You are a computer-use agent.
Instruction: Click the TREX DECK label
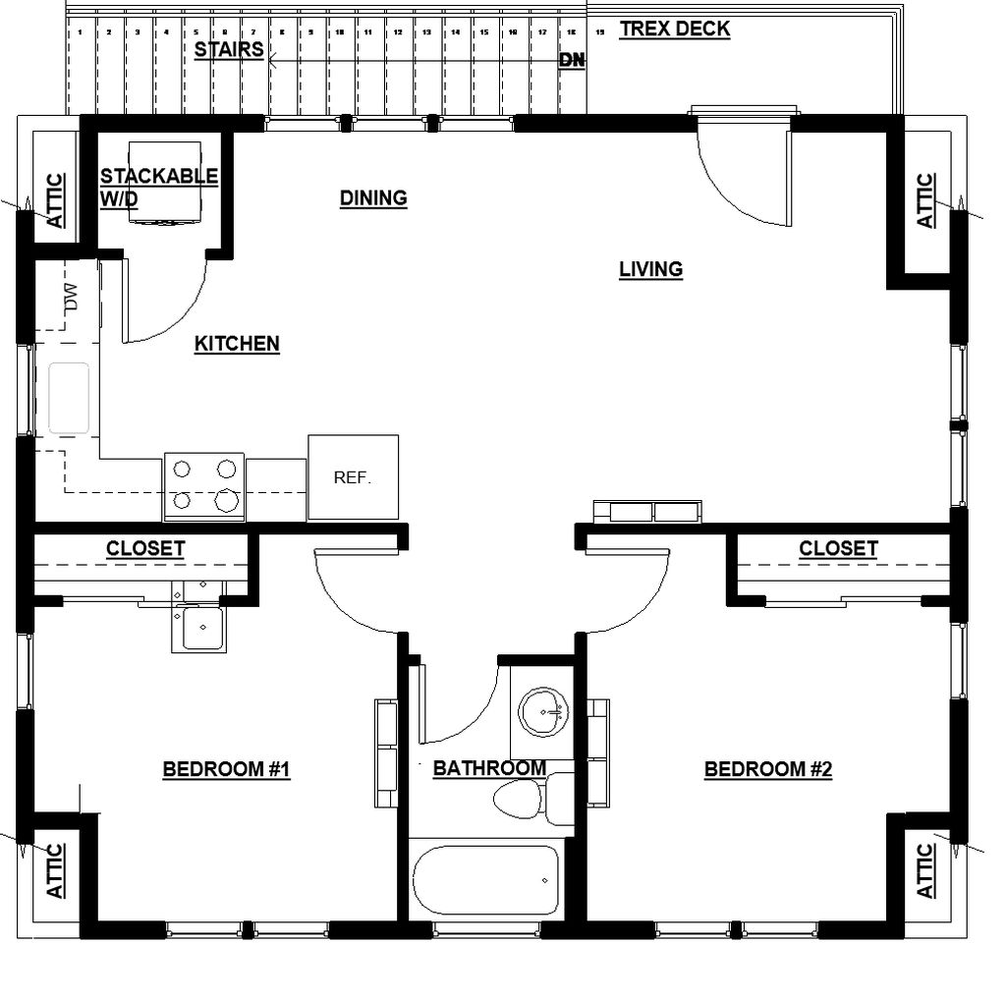pyautogui.click(x=674, y=28)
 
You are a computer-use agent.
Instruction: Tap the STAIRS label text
pyautogui.click(x=228, y=49)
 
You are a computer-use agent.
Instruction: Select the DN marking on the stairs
pyautogui.click(x=572, y=60)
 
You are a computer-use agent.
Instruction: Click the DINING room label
pyautogui.click(x=373, y=197)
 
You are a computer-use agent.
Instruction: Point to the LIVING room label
pyautogui.click(x=650, y=269)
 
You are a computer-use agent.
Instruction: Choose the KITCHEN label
pyautogui.click(x=237, y=344)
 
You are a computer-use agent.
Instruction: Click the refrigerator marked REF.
pyautogui.click(x=353, y=477)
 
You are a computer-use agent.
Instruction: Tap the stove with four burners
pyautogui.click(x=203, y=486)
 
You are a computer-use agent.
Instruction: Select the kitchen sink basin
pyautogui.click(x=69, y=398)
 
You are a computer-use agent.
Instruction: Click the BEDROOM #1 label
pyautogui.click(x=226, y=769)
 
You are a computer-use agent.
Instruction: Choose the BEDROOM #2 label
pyautogui.click(x=768, y=769)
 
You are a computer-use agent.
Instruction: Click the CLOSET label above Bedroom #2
pyautogui.click(x=838, y=548)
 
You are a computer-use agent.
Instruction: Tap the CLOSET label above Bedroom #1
pyautogui.click(x=145, y=548)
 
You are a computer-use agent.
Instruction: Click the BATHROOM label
pyautogui.click(x=489, y=768)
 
